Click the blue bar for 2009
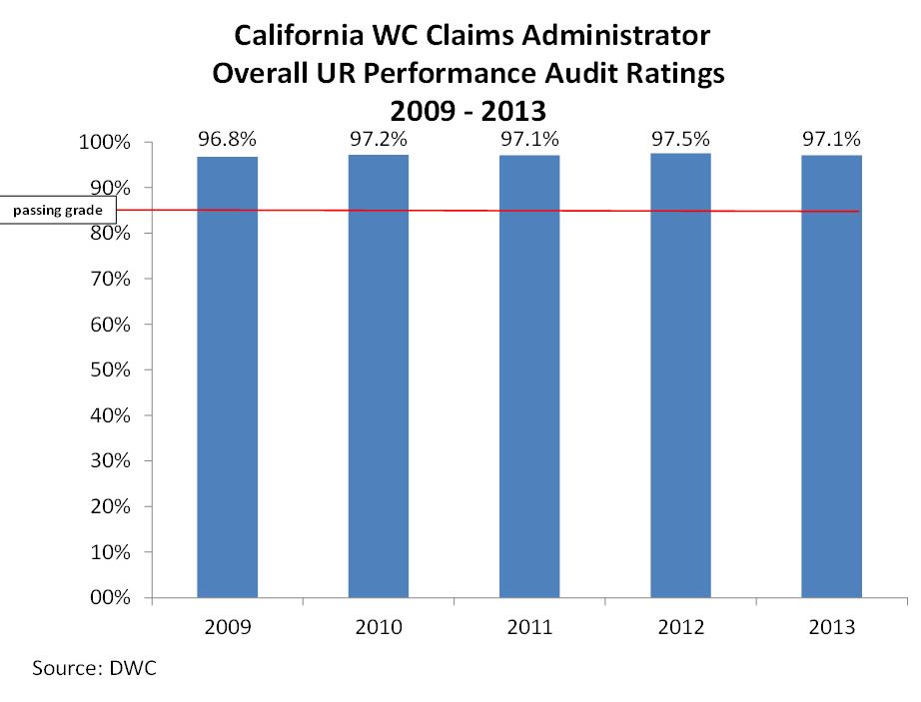click(x=227, y=379)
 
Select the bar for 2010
click(x=379, y=379)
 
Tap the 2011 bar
click(x=529, y=379)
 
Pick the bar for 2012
click(x=681, y=379)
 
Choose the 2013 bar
click(x=832, y=379)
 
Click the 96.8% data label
click(x=228, y=141)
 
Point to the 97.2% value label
click(x=379, y=140)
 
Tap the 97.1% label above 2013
click(x=832, y=140)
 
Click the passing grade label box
click(x=57, y=210)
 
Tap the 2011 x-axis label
click(x=529, y=627)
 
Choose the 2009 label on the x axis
click(x=227, y=627)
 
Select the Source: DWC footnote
click(x=95, y=668)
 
